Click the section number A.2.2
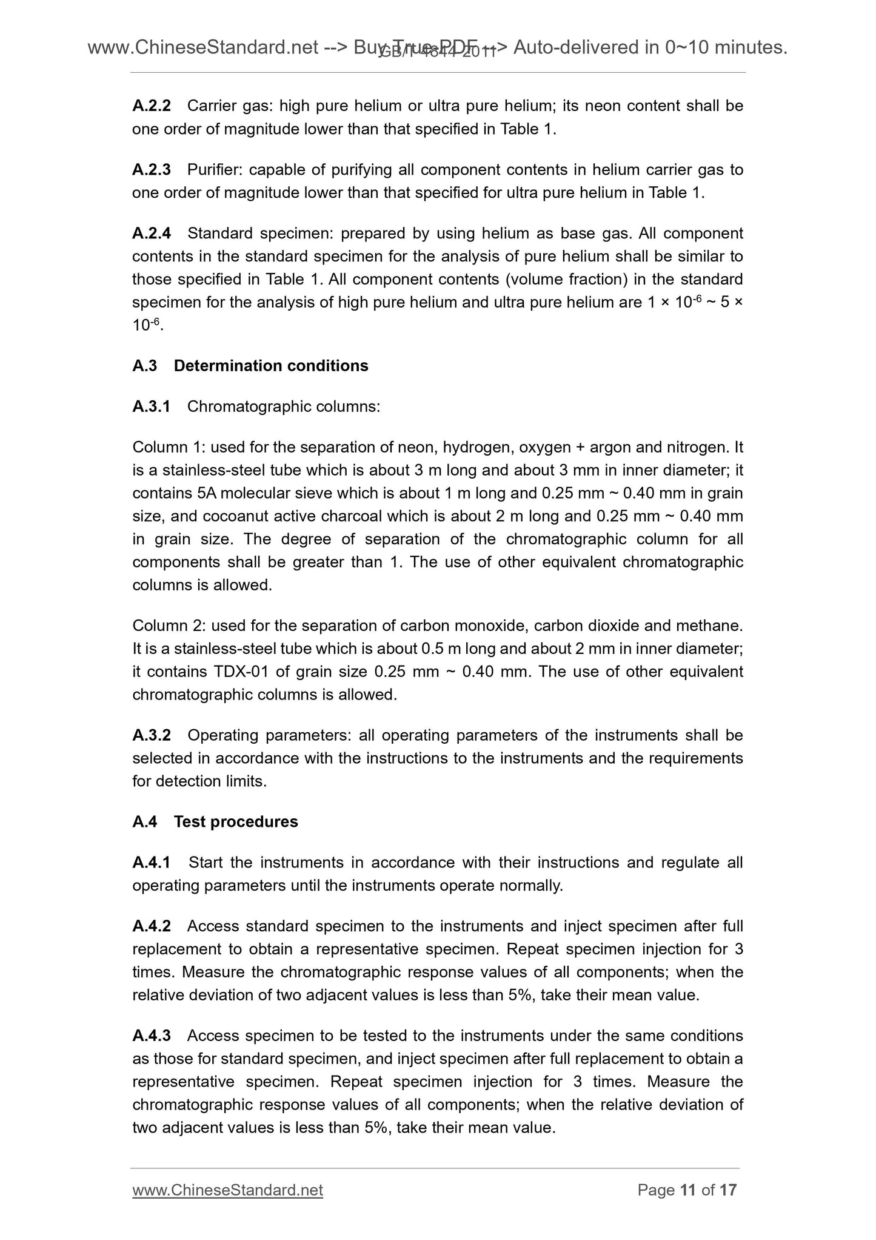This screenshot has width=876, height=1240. click(152, 106)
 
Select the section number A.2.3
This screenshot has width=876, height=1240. click(152, 170)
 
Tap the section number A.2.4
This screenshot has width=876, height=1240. click(152, 234)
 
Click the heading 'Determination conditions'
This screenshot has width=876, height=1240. click(271, 366)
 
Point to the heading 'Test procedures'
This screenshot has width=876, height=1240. click(236, 822)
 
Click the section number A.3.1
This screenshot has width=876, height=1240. click(152, 406)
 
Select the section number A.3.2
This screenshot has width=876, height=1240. click(152, 736)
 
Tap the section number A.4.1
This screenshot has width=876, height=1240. click(152, 863)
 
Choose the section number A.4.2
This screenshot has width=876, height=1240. click(152, 926)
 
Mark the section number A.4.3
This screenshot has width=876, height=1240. click(152, 1036)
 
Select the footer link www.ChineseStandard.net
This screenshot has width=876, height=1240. click(227, 1190)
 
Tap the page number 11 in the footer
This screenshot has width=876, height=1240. click(687, 1190)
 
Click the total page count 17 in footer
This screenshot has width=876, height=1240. click(728, 1190)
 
